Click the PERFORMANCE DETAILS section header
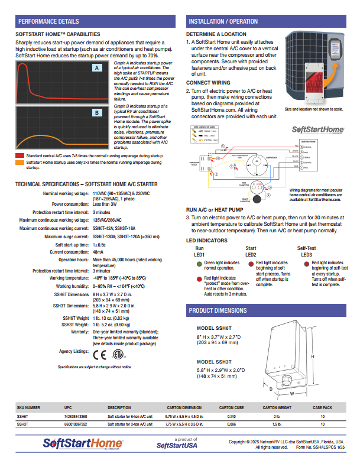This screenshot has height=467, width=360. [x=47, y=22]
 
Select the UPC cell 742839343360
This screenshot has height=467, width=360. [x=76, y=417]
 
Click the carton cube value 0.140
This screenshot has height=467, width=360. [x=224, y=417]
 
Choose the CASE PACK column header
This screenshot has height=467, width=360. [x=322, y=408]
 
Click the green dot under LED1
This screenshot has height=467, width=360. [x=199, y=245]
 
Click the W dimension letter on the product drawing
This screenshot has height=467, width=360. [x=291, y=393]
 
